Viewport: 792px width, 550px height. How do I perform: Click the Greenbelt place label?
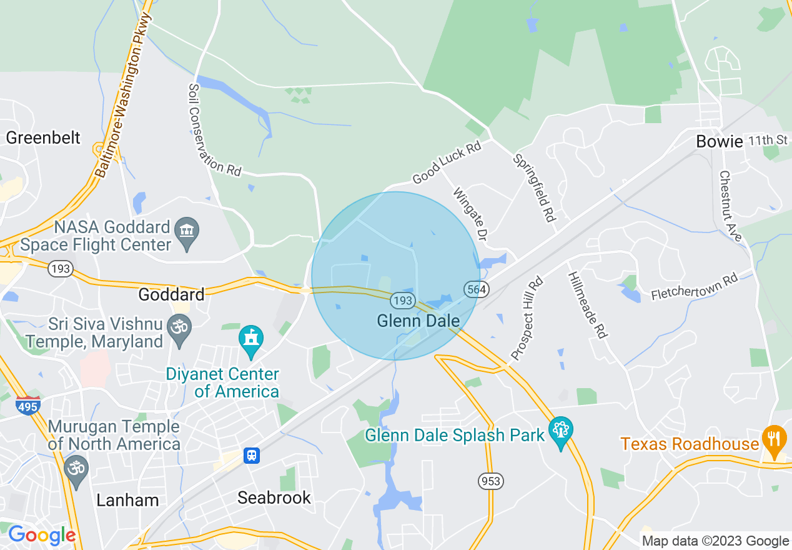(43, 137)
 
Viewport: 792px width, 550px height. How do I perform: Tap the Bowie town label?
(720, 142)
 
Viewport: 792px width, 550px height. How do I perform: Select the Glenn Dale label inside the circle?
(418, 321)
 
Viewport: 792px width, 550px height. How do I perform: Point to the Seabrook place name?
(274, 497)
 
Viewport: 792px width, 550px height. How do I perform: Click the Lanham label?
(128, 500)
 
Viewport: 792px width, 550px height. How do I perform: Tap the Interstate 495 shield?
(29, 405)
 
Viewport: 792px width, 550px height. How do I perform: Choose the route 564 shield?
(477, 289)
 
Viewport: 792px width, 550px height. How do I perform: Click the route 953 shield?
(491, 481)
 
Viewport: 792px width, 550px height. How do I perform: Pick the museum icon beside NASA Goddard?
(187, 233)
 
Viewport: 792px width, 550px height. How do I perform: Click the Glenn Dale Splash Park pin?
(560, 431)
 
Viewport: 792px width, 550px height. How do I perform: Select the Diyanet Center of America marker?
(251, 341)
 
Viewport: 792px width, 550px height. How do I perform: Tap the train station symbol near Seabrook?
(251, 456)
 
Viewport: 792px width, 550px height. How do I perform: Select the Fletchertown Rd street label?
(694, 287)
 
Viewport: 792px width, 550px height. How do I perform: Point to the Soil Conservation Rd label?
(214, 129)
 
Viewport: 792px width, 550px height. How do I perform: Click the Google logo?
(41, 535)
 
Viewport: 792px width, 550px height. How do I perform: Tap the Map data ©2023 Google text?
(715, 541)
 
